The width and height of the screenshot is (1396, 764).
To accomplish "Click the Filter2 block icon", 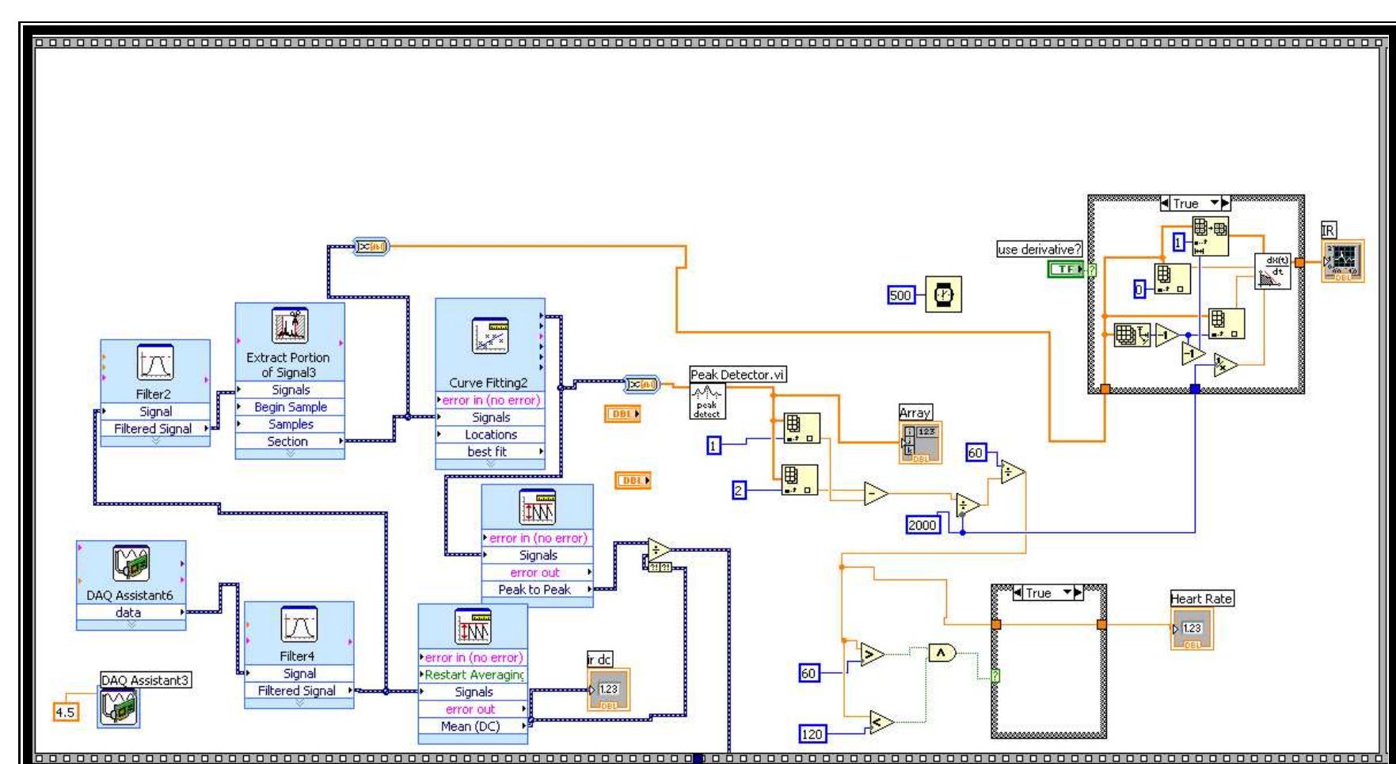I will pos(155,364).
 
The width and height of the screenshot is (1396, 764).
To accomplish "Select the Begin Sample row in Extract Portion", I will pos(291,407).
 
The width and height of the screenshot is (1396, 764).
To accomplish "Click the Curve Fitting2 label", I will pos(489,383).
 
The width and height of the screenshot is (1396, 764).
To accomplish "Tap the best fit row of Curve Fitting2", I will pos(487,452).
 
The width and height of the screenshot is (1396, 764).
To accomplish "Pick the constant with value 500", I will pos(901,295).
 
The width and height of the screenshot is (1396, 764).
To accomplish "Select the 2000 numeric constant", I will pos(922,524).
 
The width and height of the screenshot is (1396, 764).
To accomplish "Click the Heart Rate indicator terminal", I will pos(1192,629).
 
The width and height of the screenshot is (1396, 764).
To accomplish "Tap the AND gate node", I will pos(941,652).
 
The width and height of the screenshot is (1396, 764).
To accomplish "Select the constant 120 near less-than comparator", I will pos(812,734).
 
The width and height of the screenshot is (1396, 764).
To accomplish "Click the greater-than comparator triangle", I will pos(872,654).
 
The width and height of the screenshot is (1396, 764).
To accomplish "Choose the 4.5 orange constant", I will pos(65,713).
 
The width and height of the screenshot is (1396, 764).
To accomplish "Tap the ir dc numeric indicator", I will pos(608,690).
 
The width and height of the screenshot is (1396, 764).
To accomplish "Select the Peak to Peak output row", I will pos(535,590).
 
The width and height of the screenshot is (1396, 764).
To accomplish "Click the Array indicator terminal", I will pos(920,443).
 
